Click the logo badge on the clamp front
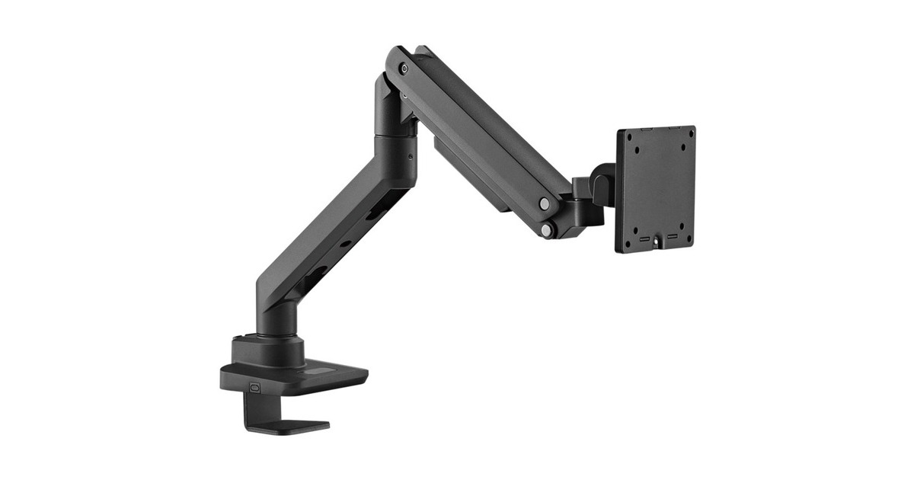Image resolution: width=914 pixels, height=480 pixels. tap(254, 386)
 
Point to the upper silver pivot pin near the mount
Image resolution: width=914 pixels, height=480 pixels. tap(545, 203)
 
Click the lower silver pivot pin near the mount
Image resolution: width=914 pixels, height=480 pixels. tap(546, 229)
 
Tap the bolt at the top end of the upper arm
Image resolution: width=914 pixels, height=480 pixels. tap(403, 69)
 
